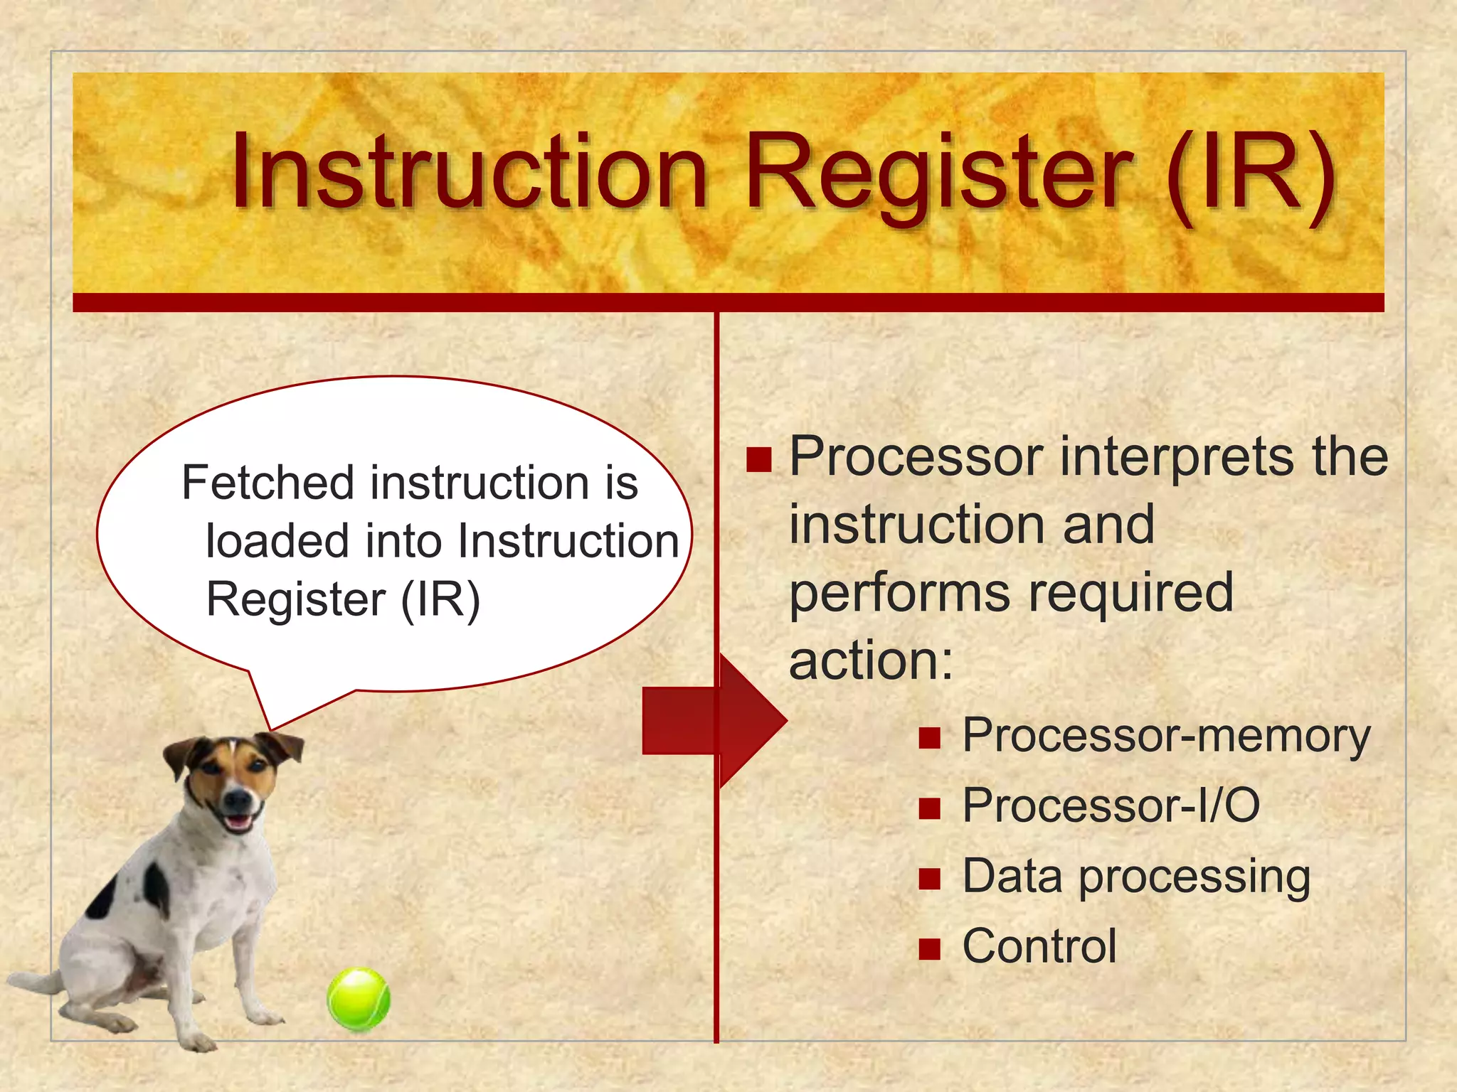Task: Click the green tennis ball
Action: [x=359, y=999]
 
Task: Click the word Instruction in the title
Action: [x=470, y=173]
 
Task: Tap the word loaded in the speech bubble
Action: [x=278, y=541]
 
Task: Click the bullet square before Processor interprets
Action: [x=759, y=460]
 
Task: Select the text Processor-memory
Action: [x=1166, y=736]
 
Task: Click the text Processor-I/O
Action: [x=1111, y=805]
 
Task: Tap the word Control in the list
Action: [x=1039, y=946]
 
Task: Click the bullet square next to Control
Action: [x=929, y=949]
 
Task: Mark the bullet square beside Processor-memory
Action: [x=929, y=739]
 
